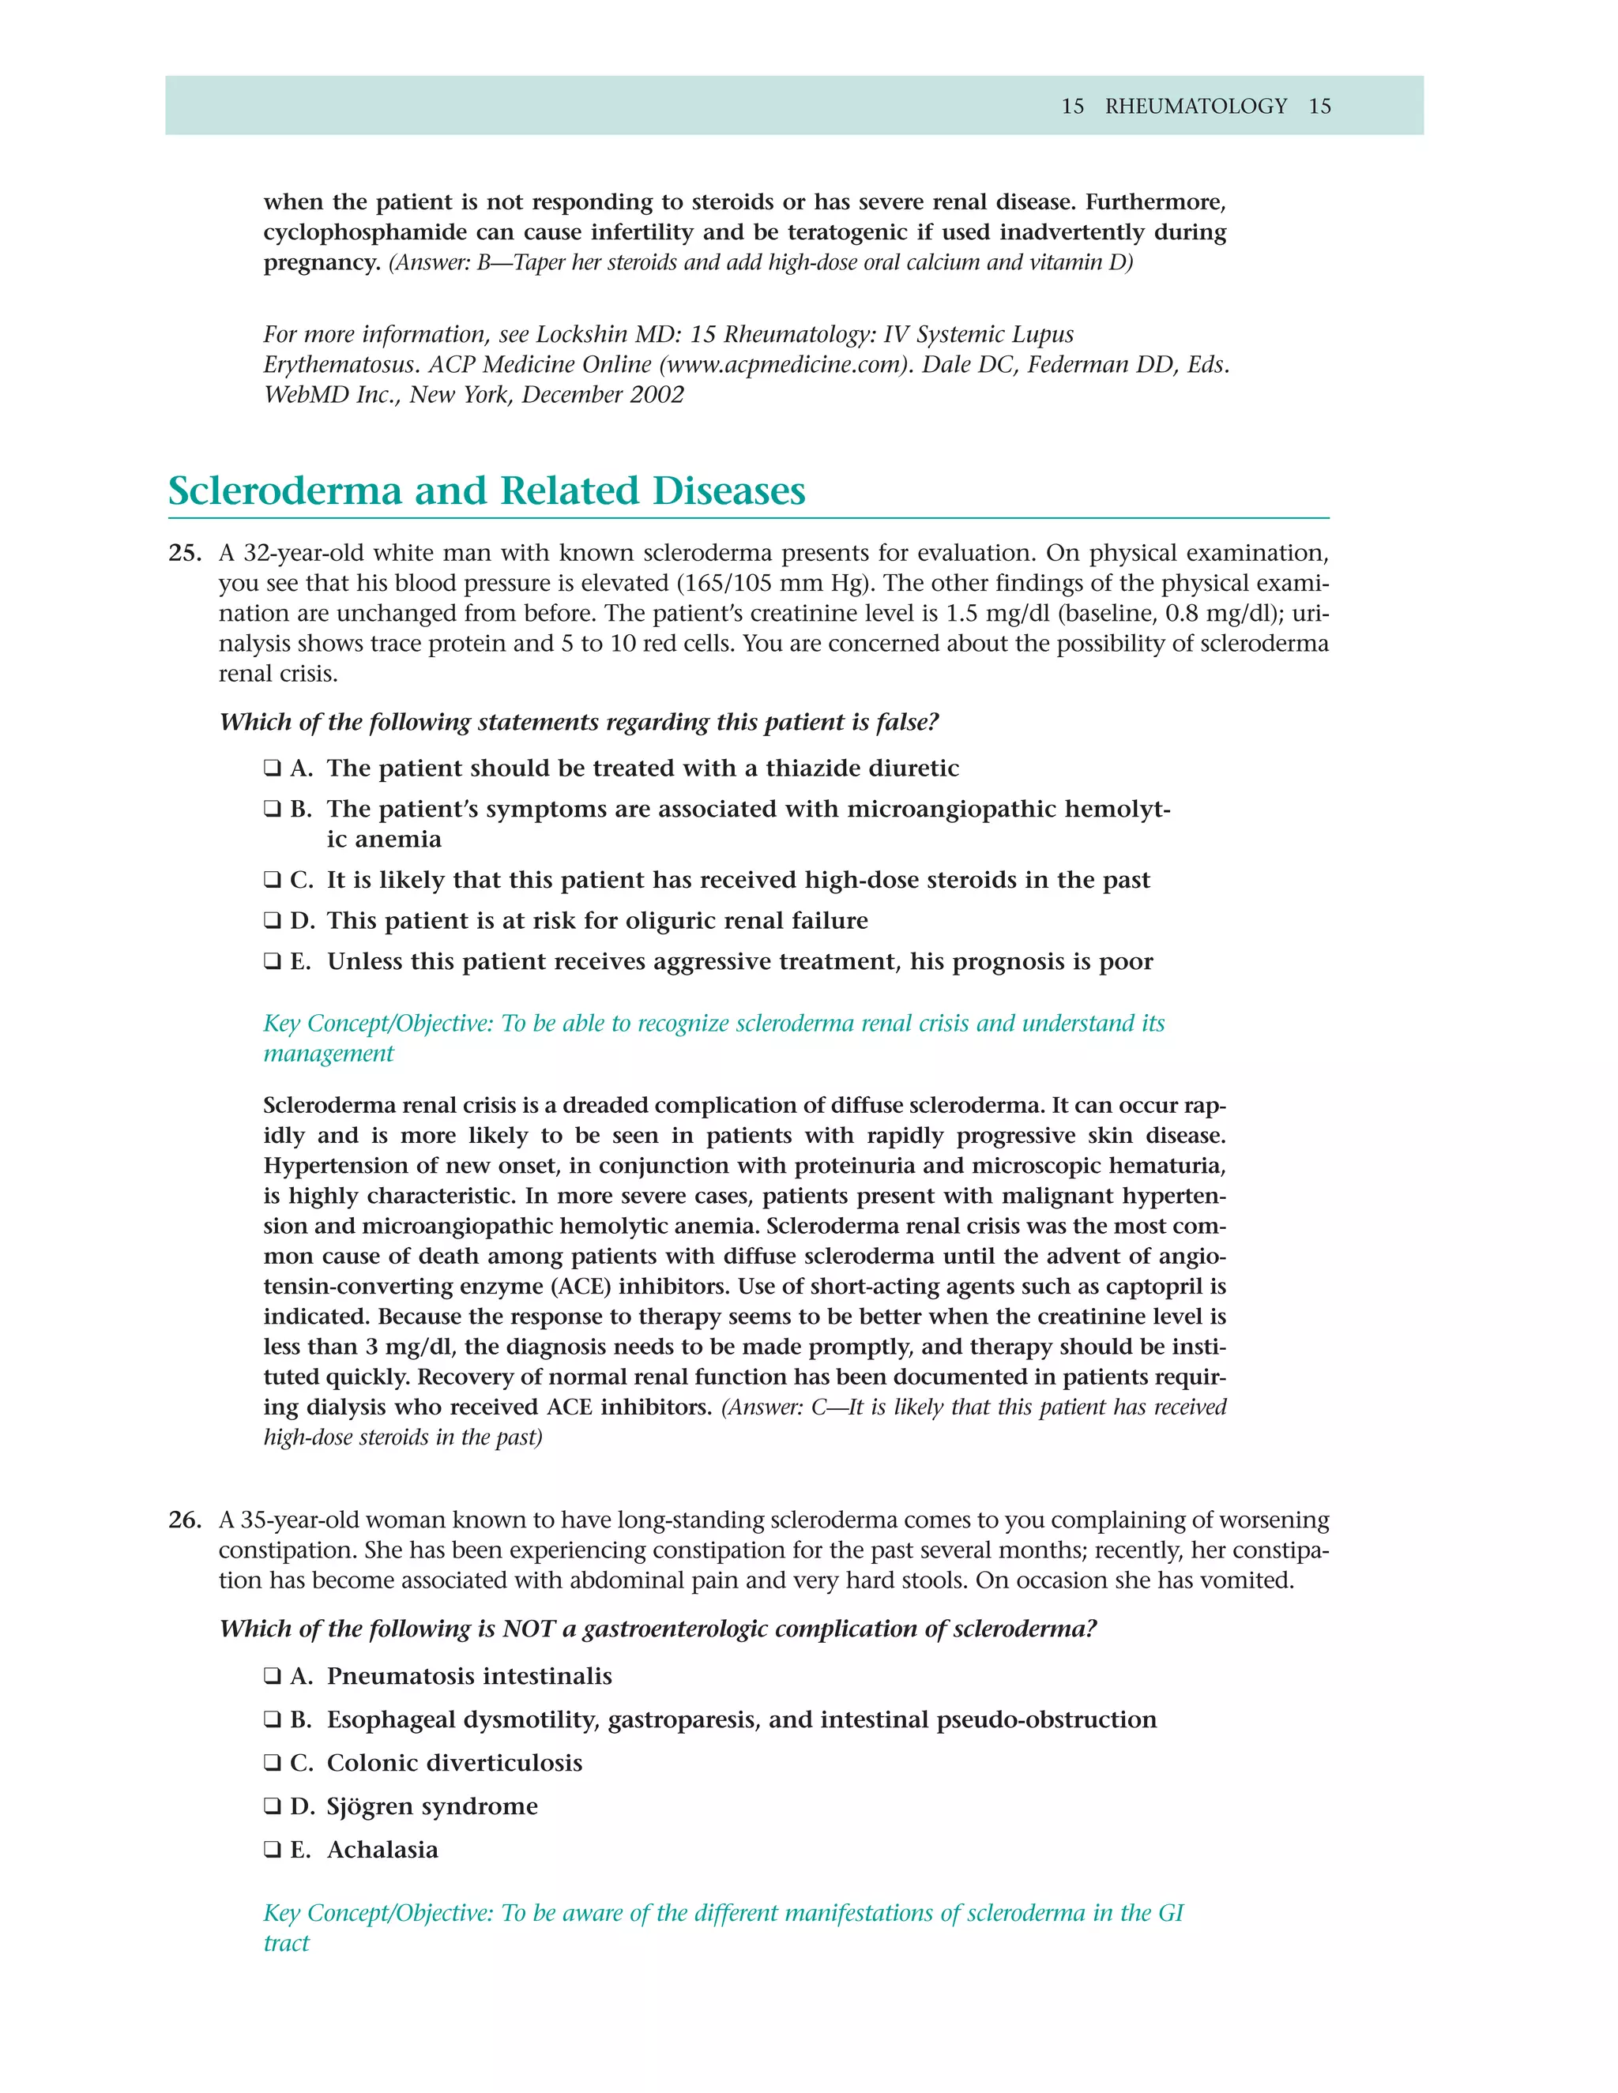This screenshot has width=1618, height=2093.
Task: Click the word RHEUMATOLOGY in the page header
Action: tap(1195, 107)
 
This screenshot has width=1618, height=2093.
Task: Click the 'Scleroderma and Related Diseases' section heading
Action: tap(486, 490)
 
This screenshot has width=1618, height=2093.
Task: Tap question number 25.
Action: tap(184, 553)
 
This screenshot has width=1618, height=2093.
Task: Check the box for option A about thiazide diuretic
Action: tap(273, 768)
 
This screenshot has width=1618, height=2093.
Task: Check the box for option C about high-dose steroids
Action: tap(273, 880)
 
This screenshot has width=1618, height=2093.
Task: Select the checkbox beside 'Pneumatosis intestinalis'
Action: tap(273, 1676)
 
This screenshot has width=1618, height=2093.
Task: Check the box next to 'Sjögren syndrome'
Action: tap(273, 1806)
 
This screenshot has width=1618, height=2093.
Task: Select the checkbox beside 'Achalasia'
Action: tap(273, 1850)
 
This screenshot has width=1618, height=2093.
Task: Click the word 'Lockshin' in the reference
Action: tap(581, 334)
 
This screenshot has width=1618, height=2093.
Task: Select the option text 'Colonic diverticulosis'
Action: tap(454, 1764)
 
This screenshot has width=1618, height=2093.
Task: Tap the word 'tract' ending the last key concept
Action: tap(287, 1944)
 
